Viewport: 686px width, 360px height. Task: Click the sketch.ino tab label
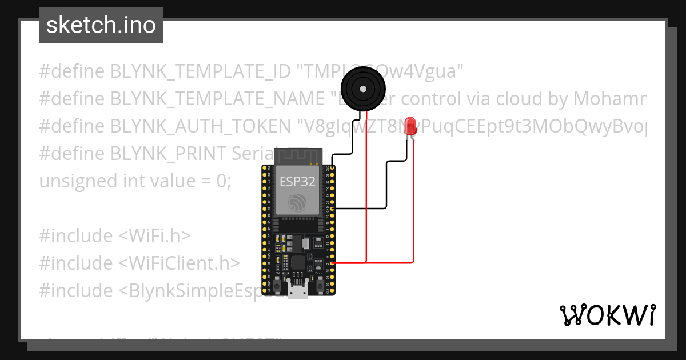pyautogui.click(x=101, y=25)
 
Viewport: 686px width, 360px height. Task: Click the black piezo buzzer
pyautogui.click(x=362, y=88)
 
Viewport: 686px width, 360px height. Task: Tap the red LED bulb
pyautogui.click(x=410, y=126)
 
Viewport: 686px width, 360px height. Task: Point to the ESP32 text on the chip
pyautogui.click(x=297, y=182)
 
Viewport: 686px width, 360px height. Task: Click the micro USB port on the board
pyautogui.click(x=297, y=291)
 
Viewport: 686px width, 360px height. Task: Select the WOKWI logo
pyautogui.click(x=607, y=315)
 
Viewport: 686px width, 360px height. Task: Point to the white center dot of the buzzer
pyautogui.click(x=362, y=88)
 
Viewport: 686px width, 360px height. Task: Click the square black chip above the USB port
pyautogui.click(x=298, y=263)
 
